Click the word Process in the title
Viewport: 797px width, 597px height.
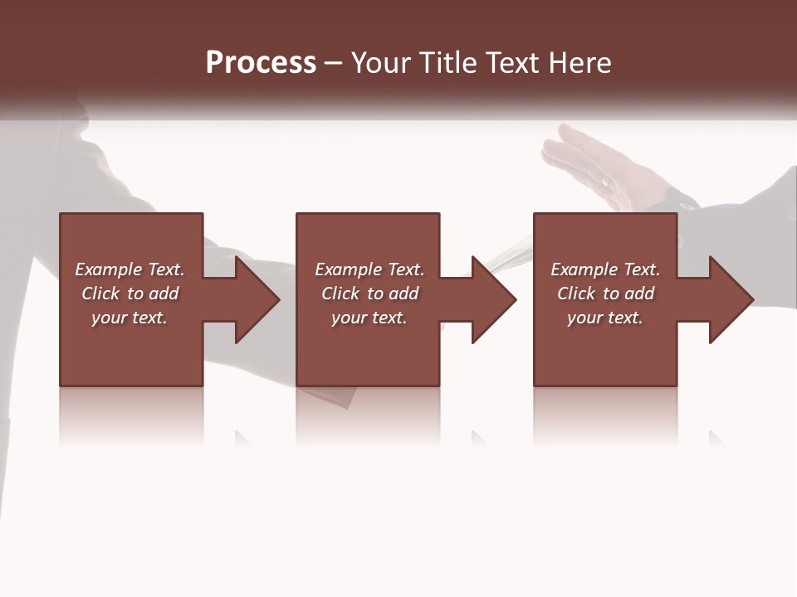click(261, 63)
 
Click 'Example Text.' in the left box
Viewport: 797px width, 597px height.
click(130, 269)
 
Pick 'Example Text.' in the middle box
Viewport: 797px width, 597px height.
click(369, 269)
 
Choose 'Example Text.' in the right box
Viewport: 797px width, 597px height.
click(605, 269)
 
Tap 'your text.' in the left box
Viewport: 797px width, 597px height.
click(130, 318)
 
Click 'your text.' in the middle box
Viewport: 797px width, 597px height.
click(369, 318)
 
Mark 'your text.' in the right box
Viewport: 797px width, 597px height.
click(605, 318)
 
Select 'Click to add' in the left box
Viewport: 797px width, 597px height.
click(130, 294)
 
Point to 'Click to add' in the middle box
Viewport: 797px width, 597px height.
click(369, 294)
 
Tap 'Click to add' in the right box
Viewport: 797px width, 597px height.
click(605, 294)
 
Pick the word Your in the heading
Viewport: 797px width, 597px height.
click(382, 63)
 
